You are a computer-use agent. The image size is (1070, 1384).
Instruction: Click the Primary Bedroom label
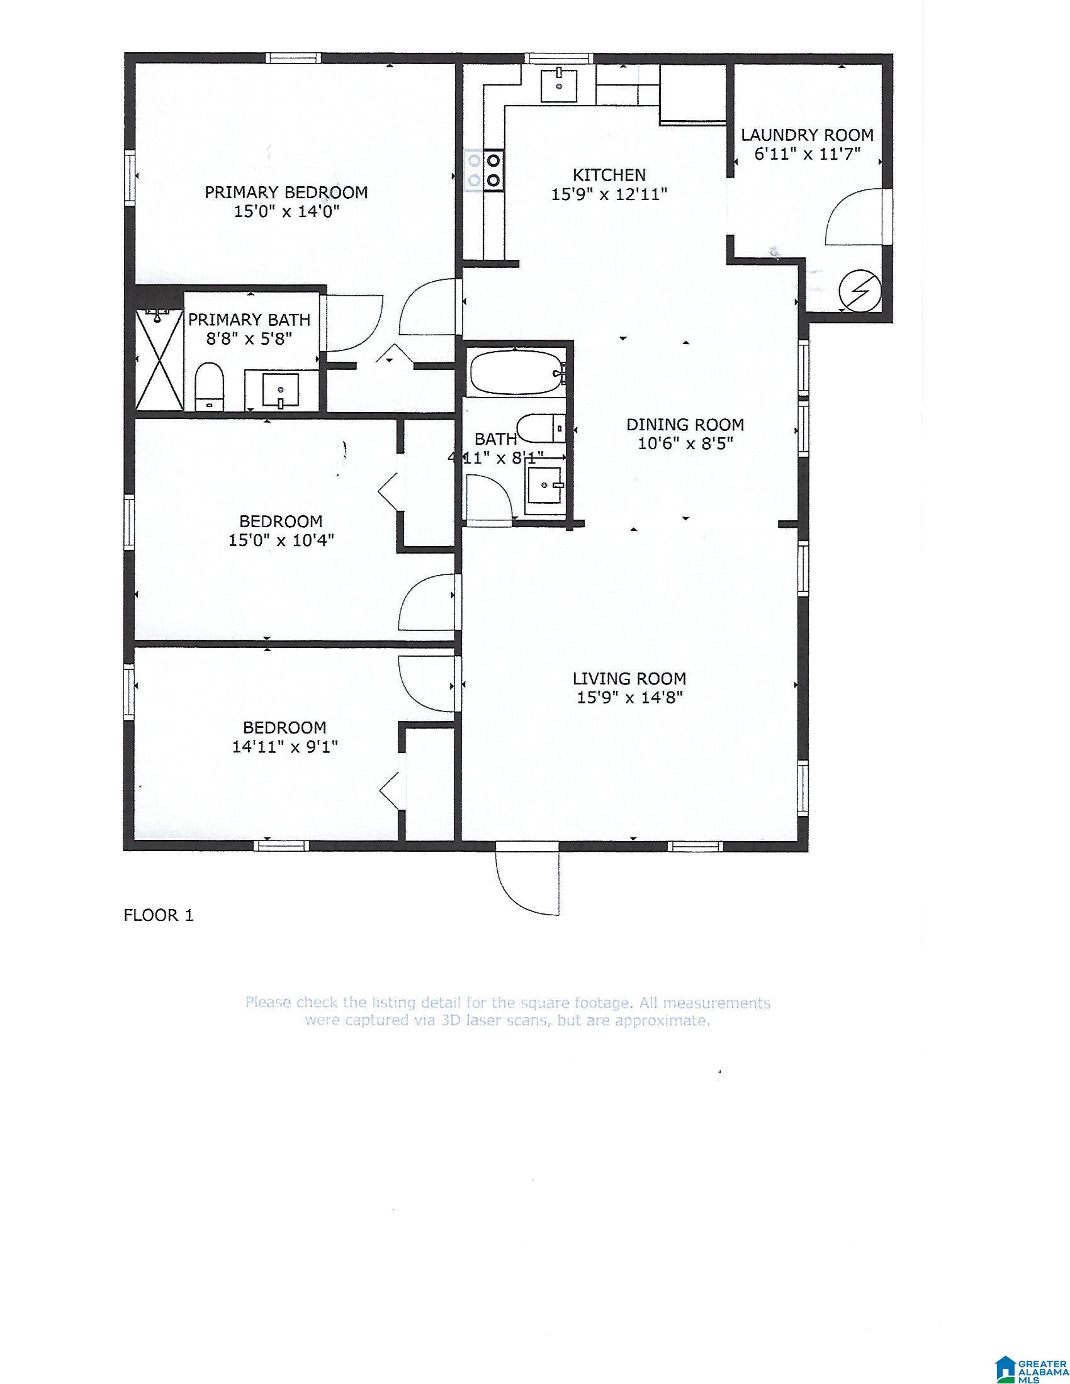tap(286, 192)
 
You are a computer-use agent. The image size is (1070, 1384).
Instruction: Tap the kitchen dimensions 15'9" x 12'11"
tap(609, 194)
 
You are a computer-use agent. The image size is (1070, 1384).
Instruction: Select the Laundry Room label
tap(808, 135)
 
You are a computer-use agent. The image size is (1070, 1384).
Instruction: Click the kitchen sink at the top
tap(559, 85)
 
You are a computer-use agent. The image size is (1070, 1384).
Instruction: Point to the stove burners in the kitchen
tap(483, 169)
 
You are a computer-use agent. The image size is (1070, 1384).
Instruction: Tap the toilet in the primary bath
tap(210, 386)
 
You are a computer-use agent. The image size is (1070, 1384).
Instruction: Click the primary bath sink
tap(281, 391)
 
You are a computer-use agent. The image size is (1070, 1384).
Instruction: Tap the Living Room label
tap(629, 679)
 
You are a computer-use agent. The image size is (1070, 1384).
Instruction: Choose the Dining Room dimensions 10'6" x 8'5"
tap(685, 444)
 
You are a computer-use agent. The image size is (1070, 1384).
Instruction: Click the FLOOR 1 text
tap(159, 915)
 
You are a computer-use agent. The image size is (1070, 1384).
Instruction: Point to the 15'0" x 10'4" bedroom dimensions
tap(281, 540)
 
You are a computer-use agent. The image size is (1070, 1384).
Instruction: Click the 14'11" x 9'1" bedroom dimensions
tap(284, 747)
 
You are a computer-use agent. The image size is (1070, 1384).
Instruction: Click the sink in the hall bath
tap(545, 485)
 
